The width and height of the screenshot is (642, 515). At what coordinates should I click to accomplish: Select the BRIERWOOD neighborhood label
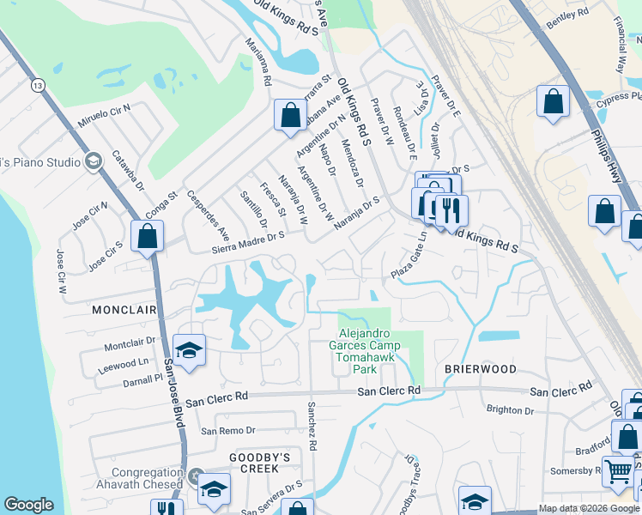point(480,369)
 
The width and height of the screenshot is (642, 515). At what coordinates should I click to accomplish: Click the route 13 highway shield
point(36,85)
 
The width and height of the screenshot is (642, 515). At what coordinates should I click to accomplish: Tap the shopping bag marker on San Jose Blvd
point(148,237)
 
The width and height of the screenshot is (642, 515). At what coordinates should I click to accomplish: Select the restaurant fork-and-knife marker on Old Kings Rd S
point(451,211)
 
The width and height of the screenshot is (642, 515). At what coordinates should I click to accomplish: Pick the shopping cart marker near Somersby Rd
point(617,470)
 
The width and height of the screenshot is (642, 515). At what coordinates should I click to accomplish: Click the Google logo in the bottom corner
point(28,505)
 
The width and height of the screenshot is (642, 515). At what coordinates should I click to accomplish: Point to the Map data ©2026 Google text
point(589,508)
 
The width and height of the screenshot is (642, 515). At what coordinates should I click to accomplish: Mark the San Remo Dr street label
point(227,430)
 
